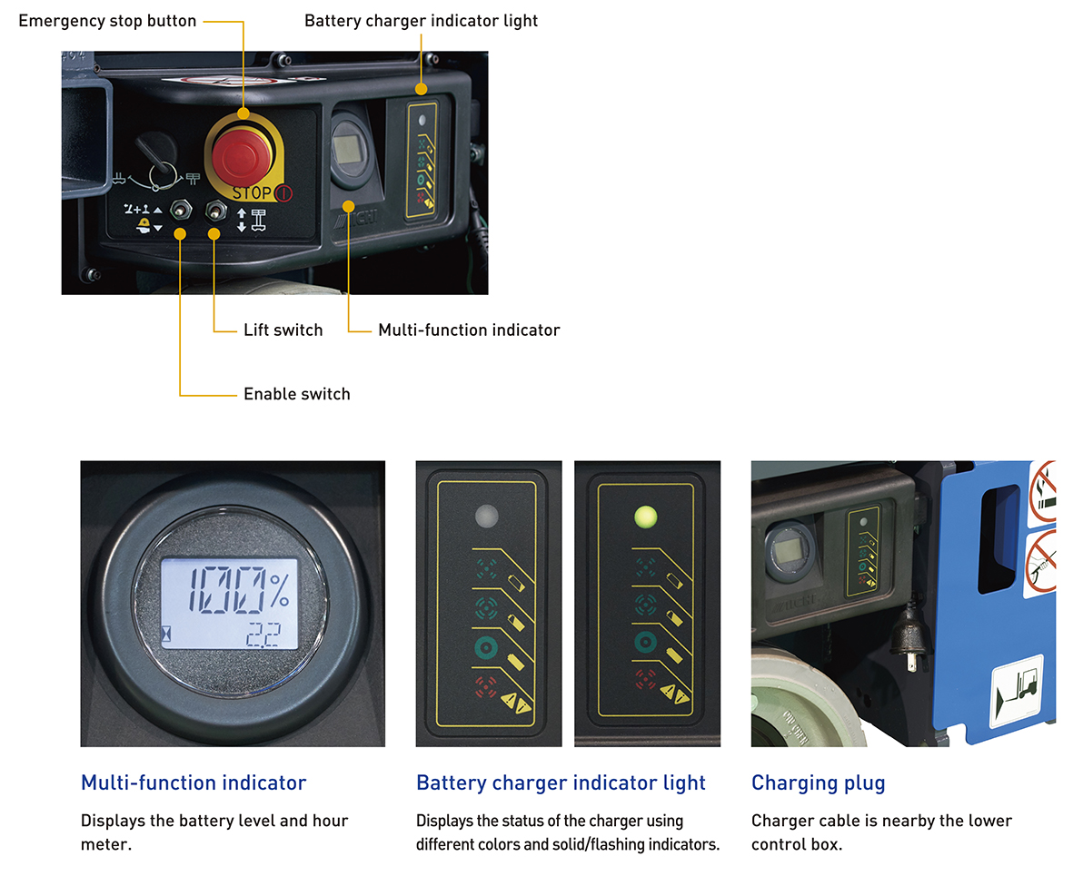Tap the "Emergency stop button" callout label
(x=107, y=21)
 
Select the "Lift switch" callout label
(x=283, y=330)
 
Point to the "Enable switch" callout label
(x=297, y=395)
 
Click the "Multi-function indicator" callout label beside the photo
(x=470, y=330)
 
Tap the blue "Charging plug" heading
(x=819, y=783)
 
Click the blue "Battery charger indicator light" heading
(x=561, y=783)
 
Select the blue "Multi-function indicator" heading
(x=194, y=783)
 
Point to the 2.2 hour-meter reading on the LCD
(x=263, y=635)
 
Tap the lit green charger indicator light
(x=645, y=517)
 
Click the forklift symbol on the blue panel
(x=1017, y=692)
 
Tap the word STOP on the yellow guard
(x=252, y=192)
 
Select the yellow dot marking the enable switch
(x=180, y=234)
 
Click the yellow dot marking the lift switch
(x=214, y=234)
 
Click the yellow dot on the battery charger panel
(x=421, y=89)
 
